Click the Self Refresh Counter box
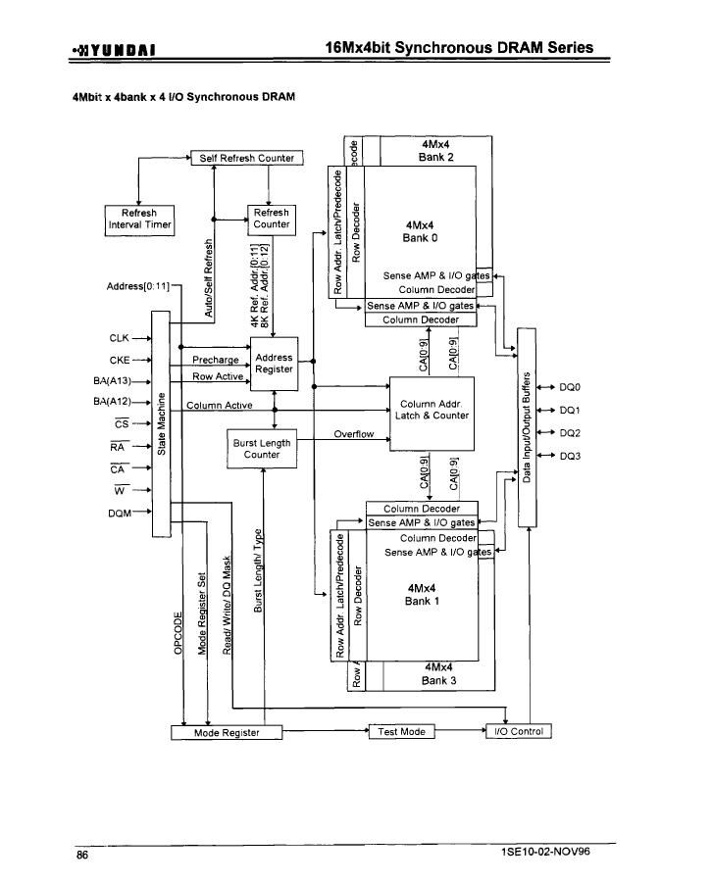coord(247,158)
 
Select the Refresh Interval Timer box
coord(139,221)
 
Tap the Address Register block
coord(274,364)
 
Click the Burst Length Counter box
coord(262,449)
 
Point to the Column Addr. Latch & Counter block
coord(432,414)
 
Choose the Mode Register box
coord(227,732)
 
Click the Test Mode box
coord(402,731)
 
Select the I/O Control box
coord(519,731)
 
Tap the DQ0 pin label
coord(570,387)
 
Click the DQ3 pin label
coord(570,456)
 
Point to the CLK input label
coord(119,338)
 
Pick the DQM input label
coord(120,513)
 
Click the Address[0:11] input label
coord(138,286)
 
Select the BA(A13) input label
coord(112,381)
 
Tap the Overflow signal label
coord(353,434)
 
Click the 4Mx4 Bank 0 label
coord(420,231)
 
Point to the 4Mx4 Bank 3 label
coord(438,674)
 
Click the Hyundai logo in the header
coord(114,50)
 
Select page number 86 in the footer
coord(82,855)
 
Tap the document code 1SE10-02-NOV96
coord(545,851)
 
